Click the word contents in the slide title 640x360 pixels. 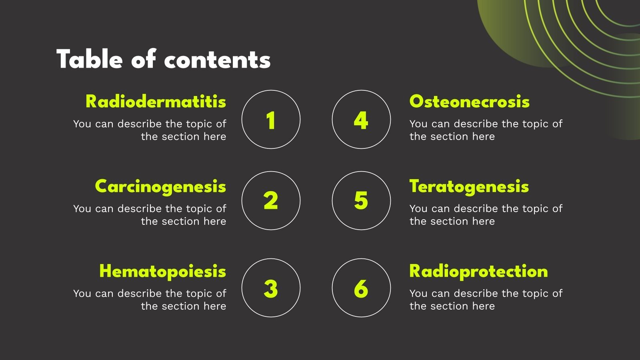[217, 60]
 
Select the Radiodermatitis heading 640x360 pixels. [156, 102]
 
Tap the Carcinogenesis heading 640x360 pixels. [160, 187]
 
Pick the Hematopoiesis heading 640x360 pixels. [163, 271]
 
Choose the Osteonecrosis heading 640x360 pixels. [469, 102]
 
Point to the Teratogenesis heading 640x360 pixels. [469, 187]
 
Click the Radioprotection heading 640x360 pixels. [478, 271]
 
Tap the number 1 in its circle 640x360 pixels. [271, 120]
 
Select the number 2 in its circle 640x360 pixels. [271, 200]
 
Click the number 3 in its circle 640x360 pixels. [271, 288]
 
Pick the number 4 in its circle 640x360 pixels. [361, 120]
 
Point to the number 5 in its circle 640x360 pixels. [361, 200]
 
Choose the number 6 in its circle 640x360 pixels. [361, 288]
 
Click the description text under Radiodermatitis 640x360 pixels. [150, 130]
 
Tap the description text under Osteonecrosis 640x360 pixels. [486, 130]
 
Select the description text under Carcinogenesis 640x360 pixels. [150, 215]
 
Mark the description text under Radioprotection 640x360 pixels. [486, 300]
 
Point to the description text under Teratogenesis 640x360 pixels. [486, 215]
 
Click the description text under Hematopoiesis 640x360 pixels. [150, 300]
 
